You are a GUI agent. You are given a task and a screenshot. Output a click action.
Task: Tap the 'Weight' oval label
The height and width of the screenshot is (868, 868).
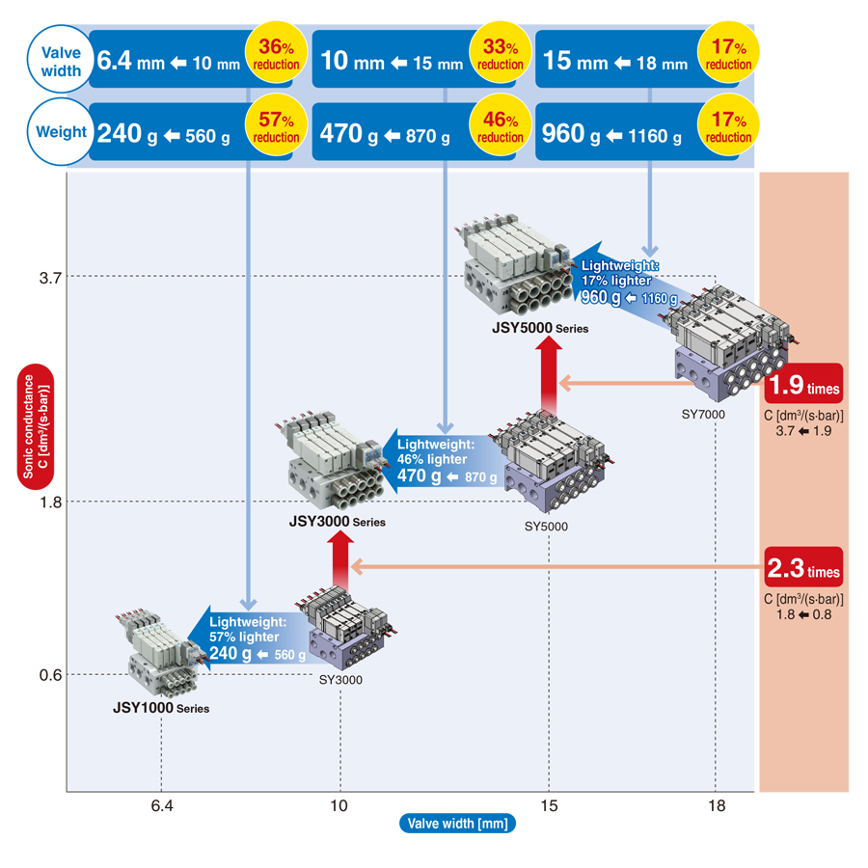(61, 132)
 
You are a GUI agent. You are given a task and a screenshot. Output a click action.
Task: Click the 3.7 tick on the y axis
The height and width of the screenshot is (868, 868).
(50, 278)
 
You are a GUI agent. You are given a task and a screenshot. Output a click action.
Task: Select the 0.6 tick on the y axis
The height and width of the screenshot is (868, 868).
(50, 674)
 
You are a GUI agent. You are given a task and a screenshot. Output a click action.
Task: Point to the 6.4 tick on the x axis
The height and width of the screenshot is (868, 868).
(161, 806)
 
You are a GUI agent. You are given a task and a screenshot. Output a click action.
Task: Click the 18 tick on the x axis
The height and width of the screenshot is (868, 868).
(715, 806)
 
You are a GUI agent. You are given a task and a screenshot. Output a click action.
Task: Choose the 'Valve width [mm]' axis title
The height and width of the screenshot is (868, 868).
(457, 823)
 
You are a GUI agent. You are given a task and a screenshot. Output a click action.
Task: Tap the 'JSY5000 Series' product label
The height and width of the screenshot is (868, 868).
(539, 328)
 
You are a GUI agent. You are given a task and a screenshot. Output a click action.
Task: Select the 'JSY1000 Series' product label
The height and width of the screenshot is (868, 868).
(160, 707)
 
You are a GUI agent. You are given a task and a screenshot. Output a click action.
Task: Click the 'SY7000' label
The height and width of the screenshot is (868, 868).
(704, 414)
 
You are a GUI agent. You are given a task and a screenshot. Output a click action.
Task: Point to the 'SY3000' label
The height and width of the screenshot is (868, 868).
(339, 680)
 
